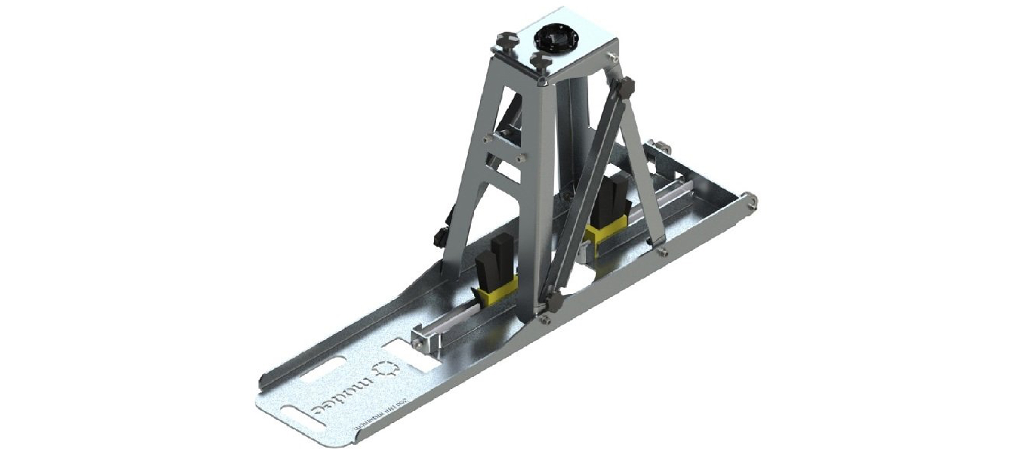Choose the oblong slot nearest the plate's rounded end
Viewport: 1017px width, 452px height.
click(304, 415)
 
